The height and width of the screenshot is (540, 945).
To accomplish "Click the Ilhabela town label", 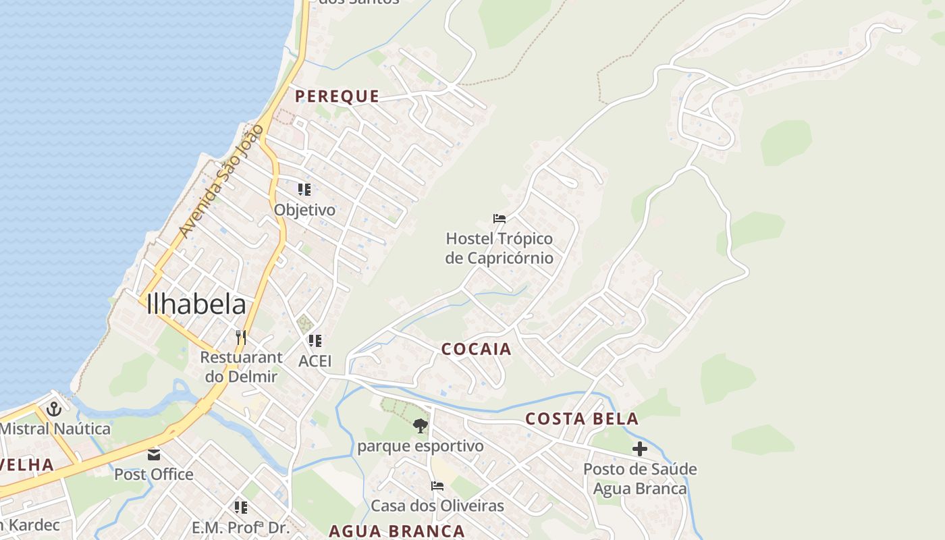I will coord(196,304).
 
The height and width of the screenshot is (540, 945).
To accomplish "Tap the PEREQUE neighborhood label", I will coord(337,96).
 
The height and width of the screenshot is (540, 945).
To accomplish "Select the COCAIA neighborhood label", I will coord(477,349).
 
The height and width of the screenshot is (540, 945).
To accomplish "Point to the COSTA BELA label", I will coord(582,418).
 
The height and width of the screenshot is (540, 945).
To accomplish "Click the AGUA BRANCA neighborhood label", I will coord(397,531).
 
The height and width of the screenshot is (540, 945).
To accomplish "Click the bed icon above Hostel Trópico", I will coord(500,219).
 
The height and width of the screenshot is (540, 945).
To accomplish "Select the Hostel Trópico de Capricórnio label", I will coord(499,248).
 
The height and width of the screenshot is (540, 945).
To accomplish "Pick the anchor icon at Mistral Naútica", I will coord(53,408).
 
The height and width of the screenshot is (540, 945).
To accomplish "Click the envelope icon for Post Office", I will coord(155,454).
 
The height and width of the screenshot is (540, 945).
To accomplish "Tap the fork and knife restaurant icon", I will coord(240,337).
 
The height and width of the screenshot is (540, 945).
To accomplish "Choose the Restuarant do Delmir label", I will coord(241,367).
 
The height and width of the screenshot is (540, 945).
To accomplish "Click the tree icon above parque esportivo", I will coord(421,426).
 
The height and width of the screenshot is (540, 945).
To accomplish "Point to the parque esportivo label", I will coord(421,446).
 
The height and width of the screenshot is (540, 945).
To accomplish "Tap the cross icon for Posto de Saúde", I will coord(639,449).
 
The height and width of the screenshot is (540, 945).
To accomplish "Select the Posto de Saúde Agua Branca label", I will coord(640,479).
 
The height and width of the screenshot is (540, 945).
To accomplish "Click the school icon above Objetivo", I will coord(304,190).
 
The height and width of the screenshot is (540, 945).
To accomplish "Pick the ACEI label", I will coord(315,361).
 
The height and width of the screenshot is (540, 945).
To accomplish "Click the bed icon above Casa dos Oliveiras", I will coord(437,486).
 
